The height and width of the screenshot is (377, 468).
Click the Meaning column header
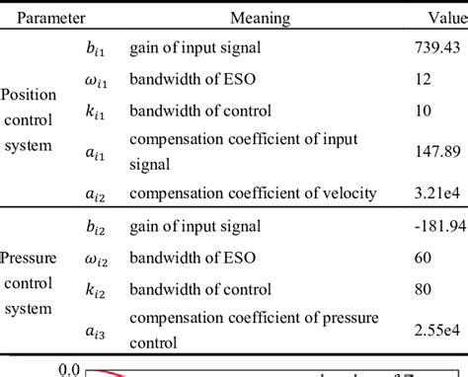tap(260, 17)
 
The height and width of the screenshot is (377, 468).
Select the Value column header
tap(447, 17)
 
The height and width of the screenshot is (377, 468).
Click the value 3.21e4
tap(435, 192)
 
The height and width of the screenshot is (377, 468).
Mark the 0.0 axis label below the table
tap(67, 370)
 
